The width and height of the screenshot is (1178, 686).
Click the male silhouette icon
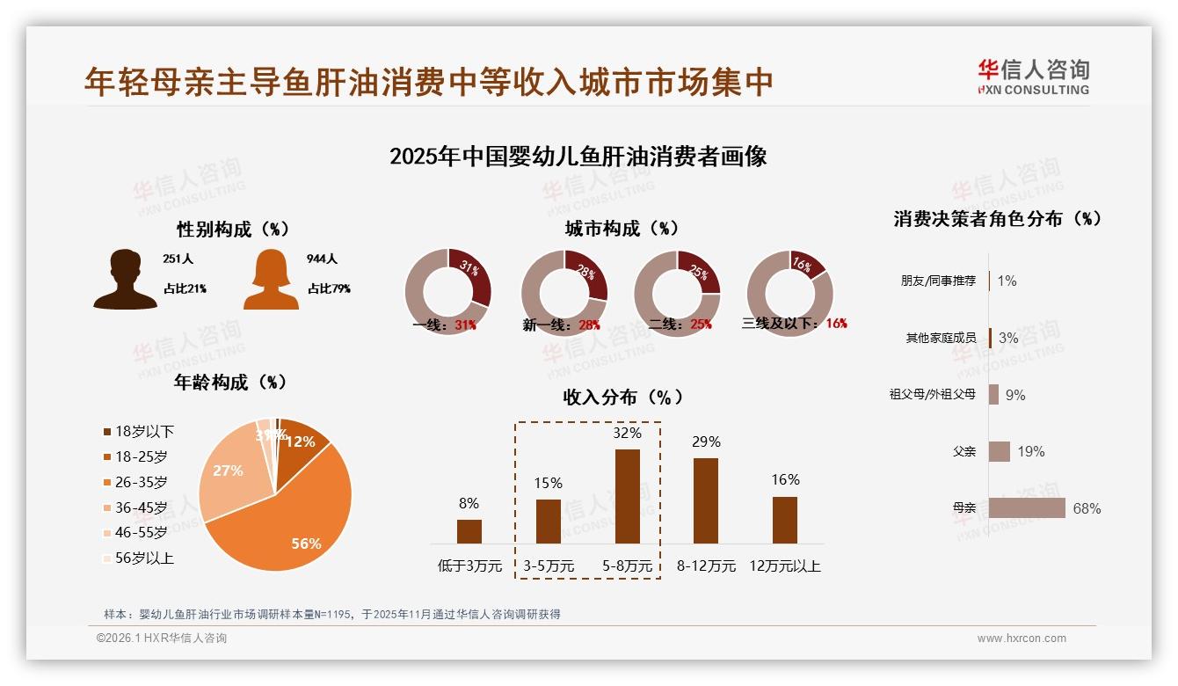point(125,279)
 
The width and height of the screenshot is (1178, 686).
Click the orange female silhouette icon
point(271,279)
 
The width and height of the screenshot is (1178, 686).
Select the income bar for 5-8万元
point(627,496)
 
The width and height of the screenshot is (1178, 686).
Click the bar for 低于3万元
point(469,531)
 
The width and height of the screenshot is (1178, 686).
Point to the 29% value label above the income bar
point(706,442)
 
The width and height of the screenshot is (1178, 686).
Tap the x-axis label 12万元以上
point(785,566)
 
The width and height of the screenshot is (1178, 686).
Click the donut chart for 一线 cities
point(447,292)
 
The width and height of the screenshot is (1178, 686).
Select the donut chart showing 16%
point(789,293)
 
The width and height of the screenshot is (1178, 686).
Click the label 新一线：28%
point(561,325)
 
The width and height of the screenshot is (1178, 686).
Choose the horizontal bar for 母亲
point(1027,508)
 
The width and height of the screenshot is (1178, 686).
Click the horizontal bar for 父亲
point(1000,451)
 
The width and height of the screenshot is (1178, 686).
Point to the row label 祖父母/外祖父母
point(933,394)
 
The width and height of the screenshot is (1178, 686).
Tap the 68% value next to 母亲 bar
point(1087,508)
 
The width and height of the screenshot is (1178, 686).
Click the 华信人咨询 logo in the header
point(1033,77)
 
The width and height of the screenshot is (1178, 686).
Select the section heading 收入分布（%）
point(622,397)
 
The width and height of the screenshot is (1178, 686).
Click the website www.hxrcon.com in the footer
point(1022,639)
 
